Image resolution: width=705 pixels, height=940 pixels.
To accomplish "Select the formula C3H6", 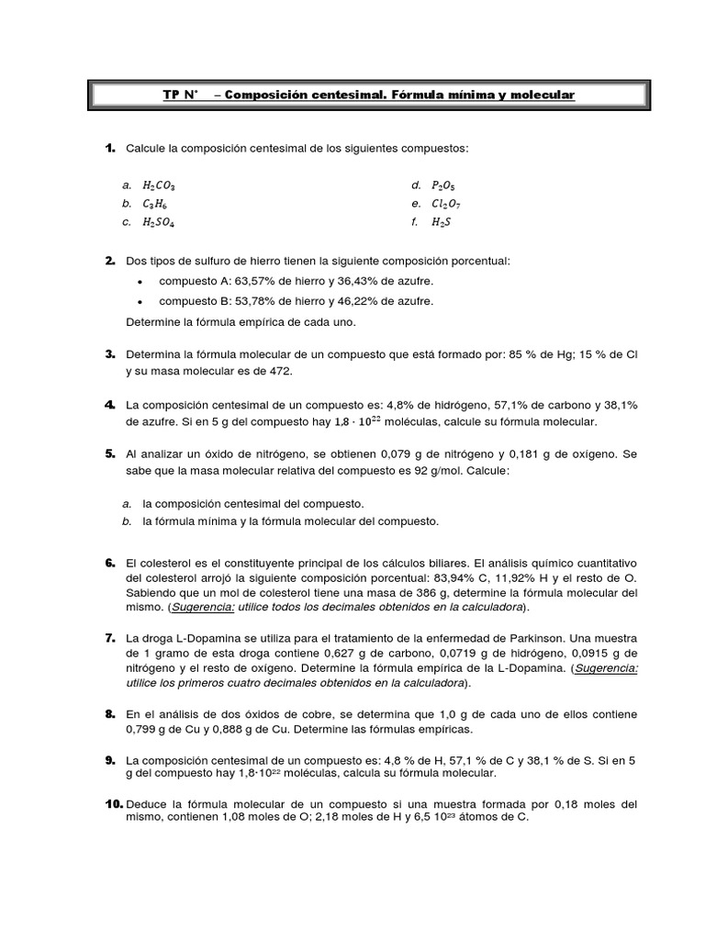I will pos(155,203).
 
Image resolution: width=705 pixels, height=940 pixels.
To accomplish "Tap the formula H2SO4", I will pos(160,222).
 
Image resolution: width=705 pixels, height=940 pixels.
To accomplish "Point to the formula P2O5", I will pos(442,185).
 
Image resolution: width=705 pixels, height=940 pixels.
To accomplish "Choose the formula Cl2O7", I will pos(445,203).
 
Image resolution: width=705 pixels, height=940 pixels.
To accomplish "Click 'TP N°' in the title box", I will pos(180,95).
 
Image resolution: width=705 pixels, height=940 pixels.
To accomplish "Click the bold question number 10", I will pos(114,803).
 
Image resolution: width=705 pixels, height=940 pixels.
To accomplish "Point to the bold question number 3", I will pos(109,354).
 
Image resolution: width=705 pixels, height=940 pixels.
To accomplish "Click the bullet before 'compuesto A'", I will pos(138,282).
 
